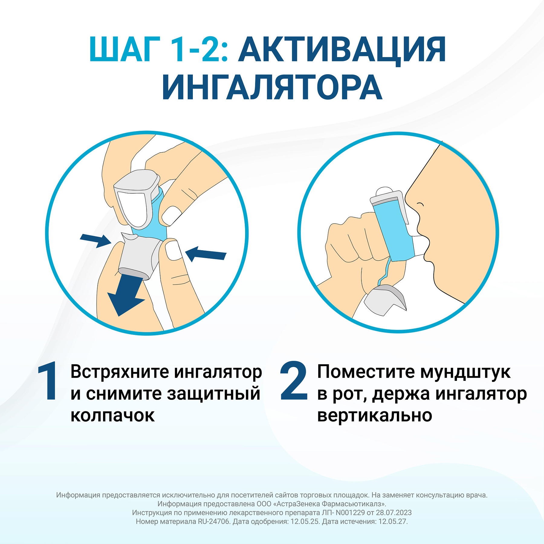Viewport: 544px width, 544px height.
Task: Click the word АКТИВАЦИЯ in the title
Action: [x=342, y=50]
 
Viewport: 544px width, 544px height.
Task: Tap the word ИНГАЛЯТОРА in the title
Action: [x=272, y=87]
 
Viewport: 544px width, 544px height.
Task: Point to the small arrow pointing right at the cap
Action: [x=96, y=240]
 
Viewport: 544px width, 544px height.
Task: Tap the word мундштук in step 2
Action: [x=465, y=372]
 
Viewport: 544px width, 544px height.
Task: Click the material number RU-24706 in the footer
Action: [x=214, y=521]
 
